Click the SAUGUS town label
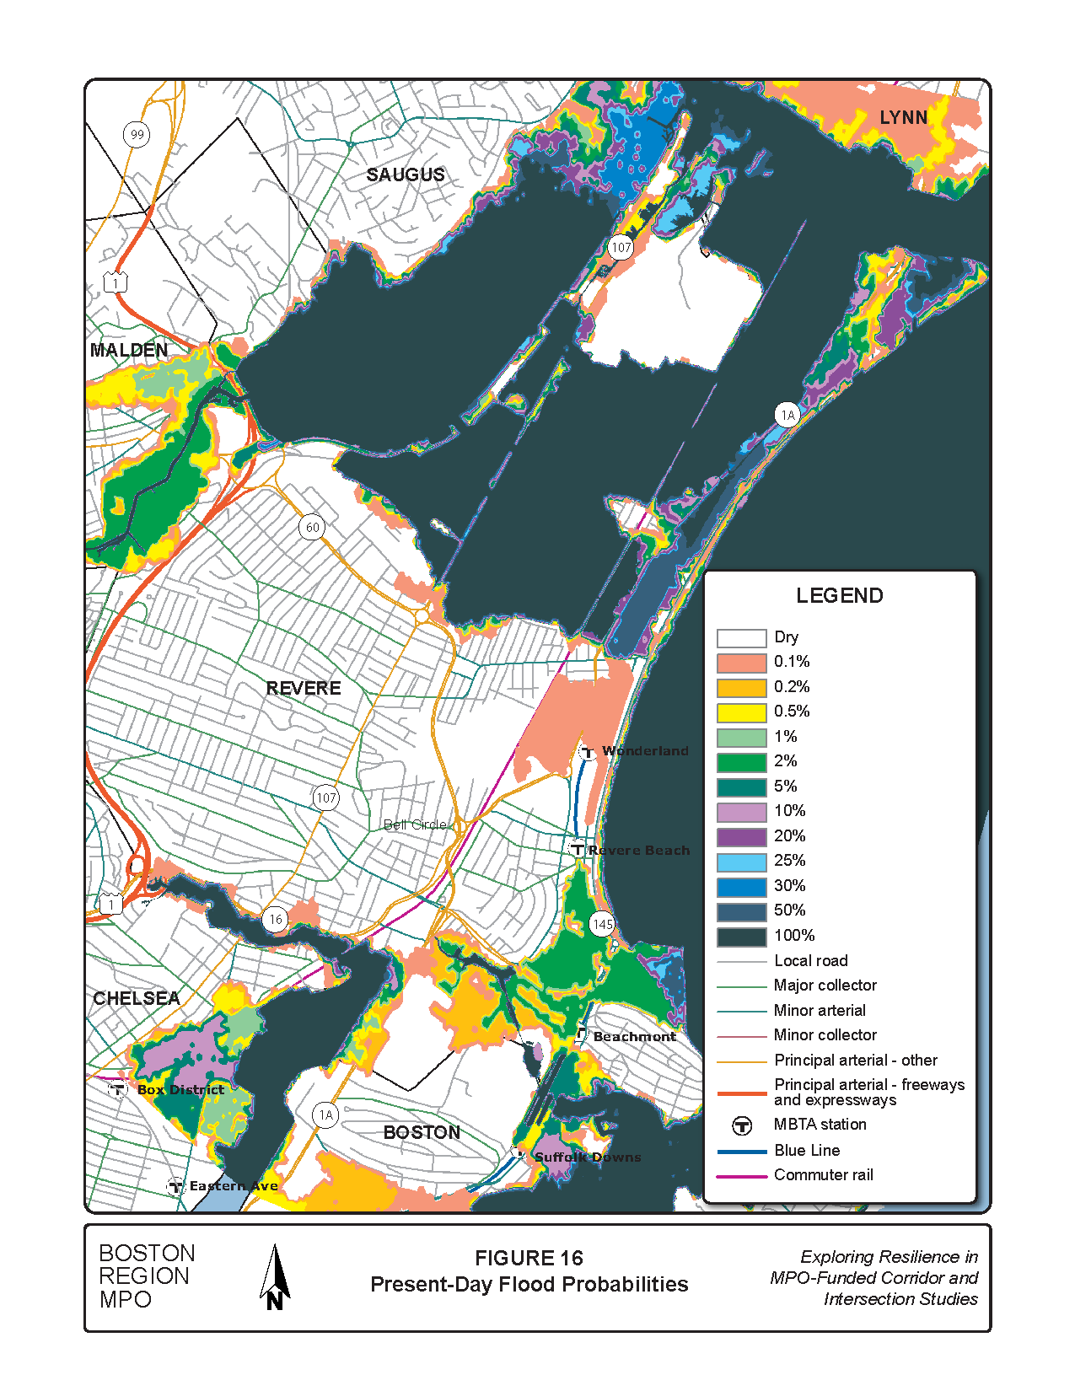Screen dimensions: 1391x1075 pyautogui.click(x=406, y=175)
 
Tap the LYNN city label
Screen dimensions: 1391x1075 pyautogui.click(x=903, y=118)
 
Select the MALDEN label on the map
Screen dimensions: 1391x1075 pyautogui.click(x=129, y=351)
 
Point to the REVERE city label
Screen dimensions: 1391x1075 pyautogui.click(x=304, y=689)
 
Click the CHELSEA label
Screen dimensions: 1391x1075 pyautogui.click(x=137, y=999)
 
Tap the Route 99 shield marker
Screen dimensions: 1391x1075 pyautogui.click(x=137, y=135)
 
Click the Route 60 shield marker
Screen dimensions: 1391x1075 pyautogui.click(x=313, y=528)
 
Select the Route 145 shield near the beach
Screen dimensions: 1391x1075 pyautogui.click(x=602, y=925)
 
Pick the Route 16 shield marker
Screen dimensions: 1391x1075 pyautogui.click(x=276, y=920)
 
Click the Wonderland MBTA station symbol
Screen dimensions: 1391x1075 pyautogui.click(x=589, y=752)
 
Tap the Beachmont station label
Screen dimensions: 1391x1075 pyautogui.click(x=634, y=1037)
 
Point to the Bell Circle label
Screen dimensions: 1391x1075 pyautogui.click(x=415, y=824)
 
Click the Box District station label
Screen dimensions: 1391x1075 pyautogui.click(x=180, y=1090)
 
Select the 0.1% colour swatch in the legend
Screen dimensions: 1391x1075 pyautogui.click(x=741, y=663)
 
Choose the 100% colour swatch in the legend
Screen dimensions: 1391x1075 pyautogui.click(x=741, y=937)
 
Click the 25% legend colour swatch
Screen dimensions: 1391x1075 pyautogui.click(x=741, y=862)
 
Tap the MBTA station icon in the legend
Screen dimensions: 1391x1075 pyautogui.click(x=741, y=1125)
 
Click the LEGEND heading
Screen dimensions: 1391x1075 pyautogui.click(x=839, y=596)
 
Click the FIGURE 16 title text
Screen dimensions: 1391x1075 pyautogui.click(x=529, y=1259)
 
